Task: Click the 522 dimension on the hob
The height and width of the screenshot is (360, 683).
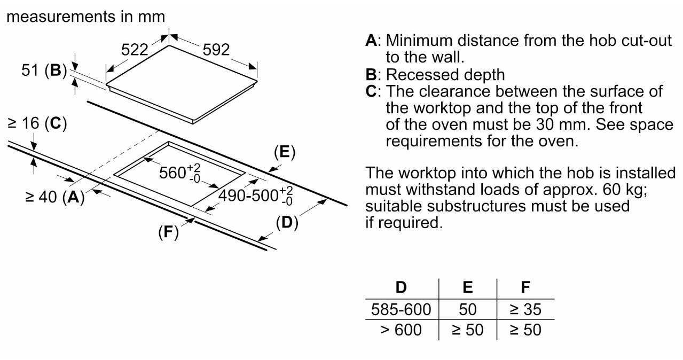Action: click(134, 50)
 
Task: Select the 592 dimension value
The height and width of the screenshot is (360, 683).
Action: click(216, 50)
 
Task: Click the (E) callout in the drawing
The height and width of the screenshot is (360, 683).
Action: click(284, 153)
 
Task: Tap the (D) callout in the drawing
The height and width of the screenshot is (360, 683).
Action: click(287, 223)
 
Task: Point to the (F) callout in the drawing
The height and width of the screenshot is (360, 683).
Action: click(168, 232)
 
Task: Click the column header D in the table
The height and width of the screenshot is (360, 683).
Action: click(401, 287)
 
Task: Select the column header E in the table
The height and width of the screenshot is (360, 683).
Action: click(468, 287)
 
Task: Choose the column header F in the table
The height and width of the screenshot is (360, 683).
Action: click(526, 287)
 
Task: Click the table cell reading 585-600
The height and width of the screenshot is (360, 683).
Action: click(401, 309)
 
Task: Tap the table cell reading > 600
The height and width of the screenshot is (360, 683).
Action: click(401, 330)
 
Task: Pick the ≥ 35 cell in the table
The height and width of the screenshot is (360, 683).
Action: click(526, 309)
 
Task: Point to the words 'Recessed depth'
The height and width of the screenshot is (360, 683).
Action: click(445, 74)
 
